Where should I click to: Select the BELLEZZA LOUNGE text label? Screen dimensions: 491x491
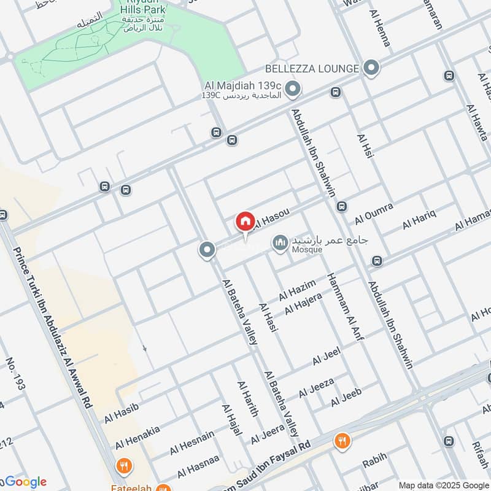pos(311,69)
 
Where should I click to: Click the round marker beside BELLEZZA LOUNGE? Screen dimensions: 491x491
pos(370,68)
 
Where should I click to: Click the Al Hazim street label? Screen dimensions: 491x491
pos(297,290)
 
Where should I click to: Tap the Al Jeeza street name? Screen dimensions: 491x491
pos(316,387)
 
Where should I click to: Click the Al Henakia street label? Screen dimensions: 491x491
pos(137,436)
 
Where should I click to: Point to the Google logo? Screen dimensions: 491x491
pos(25,482)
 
